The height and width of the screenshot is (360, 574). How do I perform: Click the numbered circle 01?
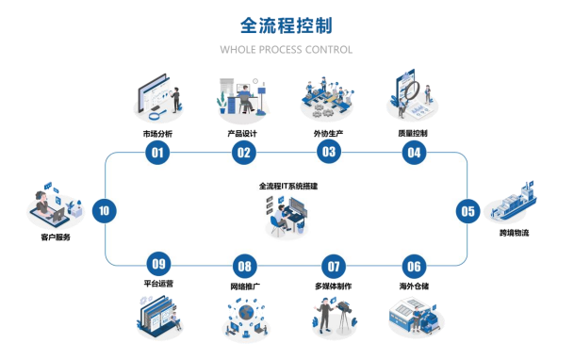click(157, 152)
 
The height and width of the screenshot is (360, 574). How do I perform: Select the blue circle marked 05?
click(467, 211)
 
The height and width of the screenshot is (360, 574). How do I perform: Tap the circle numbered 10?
click(105, 210)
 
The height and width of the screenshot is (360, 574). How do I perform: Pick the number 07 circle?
click(334, 266)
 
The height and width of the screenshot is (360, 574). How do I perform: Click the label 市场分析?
click(157, 134)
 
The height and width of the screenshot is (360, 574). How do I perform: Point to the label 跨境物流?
click(514, 233)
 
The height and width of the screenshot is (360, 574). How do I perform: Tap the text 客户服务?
click(56, 237)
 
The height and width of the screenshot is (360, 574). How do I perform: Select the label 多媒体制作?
click(334, 286)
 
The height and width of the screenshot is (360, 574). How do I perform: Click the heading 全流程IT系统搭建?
click(288, 187)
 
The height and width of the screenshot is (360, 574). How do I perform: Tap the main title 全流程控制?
click(287, 25)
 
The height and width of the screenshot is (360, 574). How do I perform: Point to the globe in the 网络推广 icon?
click(246, 312)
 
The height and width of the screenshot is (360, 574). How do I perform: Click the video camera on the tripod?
click(344, 307)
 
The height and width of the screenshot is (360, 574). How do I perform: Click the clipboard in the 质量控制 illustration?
click(405, 88)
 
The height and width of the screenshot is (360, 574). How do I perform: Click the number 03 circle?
click(329, 152)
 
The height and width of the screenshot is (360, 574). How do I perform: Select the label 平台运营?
click(158, 284)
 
